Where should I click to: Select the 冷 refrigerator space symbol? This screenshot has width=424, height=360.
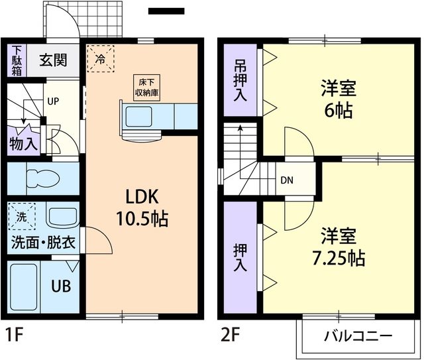pos(100,57)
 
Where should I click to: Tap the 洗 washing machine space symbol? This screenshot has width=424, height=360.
pos(21,216)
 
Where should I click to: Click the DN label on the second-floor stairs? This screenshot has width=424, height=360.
pos(286,179)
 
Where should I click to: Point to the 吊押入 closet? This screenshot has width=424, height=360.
pos(240,82)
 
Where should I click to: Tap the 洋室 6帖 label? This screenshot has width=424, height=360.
pos(336,97)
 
